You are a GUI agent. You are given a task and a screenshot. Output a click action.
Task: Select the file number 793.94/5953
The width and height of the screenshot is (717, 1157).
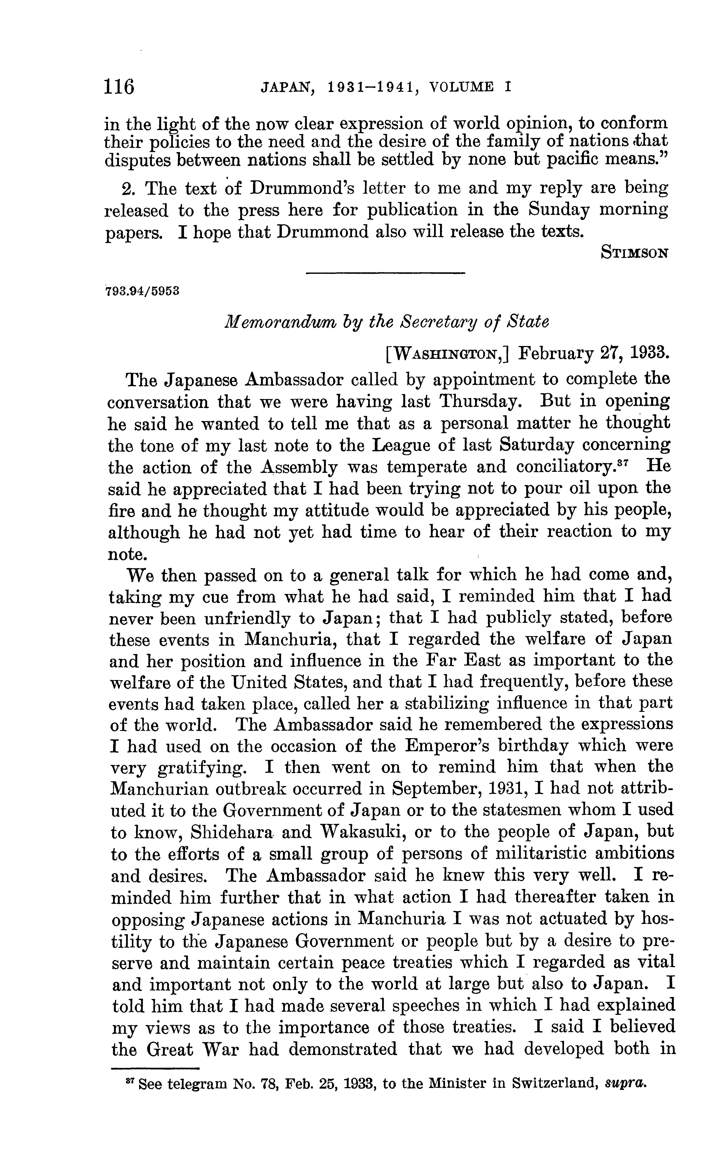click(x=142, y=291)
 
